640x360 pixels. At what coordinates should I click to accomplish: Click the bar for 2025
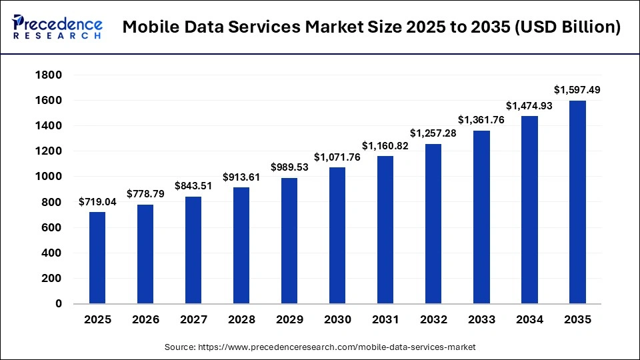[x=97, y=258]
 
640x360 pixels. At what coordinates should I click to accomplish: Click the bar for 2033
[x=481, y=217]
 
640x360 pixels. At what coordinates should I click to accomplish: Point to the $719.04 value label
[x=97, y=201]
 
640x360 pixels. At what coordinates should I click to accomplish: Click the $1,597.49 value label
[x=577, y=90]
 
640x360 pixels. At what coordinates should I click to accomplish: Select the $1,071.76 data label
[x=337, y=157]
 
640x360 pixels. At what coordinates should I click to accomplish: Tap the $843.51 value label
[x=193, y=186]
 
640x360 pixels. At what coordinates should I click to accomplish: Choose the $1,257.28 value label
[x=433, y=133]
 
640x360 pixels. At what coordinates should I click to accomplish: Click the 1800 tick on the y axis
[x=49, y=75]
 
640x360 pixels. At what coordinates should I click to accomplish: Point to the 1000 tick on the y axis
[x=49, y=177]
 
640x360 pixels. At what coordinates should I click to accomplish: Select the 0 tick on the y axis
[x=58, y=304]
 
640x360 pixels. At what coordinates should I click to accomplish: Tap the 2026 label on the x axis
[x=145, y=320]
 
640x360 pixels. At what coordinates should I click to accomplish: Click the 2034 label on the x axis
[x=529, y=320]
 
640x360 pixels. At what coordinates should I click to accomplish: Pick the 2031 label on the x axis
[x=385, y=320]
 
